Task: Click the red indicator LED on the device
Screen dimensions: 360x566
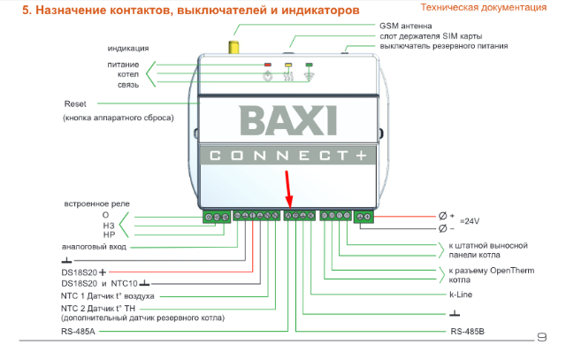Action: click(x=268, y=65)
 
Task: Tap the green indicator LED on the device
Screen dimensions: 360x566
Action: click(x=309, y=65)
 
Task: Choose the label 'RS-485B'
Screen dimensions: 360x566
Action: click(x=468, y=332)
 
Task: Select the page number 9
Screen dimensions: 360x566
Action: click(x=542, y=336)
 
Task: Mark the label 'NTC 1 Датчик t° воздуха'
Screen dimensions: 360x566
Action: click(x=108, y=295)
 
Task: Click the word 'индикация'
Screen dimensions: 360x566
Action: click(x=128, y=48)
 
